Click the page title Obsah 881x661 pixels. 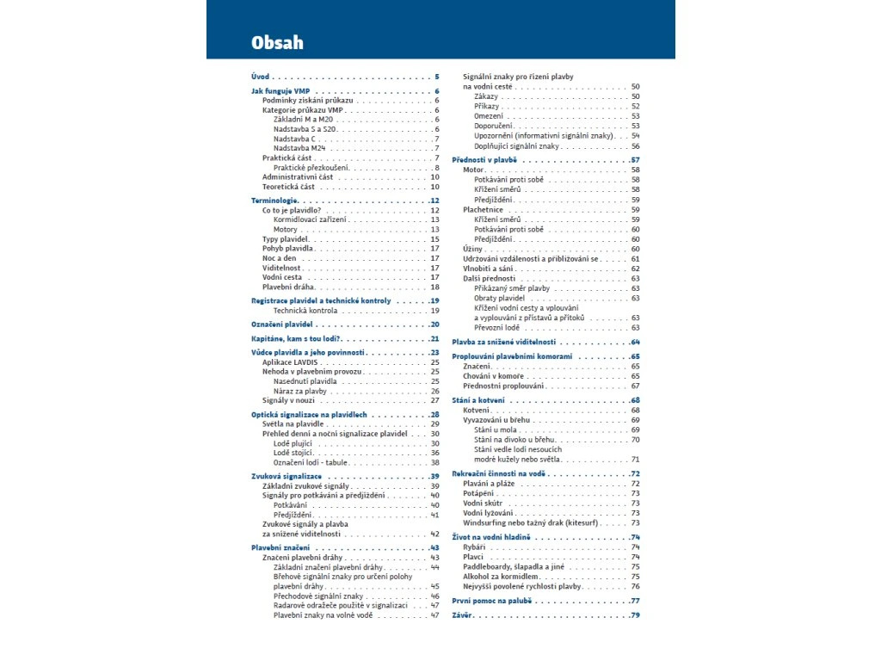point(277,42)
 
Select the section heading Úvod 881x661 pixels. point(260,77)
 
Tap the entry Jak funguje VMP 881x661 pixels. point(280,90)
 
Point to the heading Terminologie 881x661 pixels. point(274,201)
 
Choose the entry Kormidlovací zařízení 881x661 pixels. point(311,219)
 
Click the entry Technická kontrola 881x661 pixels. point(305,310)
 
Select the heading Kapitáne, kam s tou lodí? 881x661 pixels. point(296,338)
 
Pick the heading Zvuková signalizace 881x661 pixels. point(286,476)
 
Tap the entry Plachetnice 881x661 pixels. point(483,209)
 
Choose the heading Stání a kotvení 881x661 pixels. point(479,400)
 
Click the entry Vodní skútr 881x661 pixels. point(482,503)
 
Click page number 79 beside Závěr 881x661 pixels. point(635,615)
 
